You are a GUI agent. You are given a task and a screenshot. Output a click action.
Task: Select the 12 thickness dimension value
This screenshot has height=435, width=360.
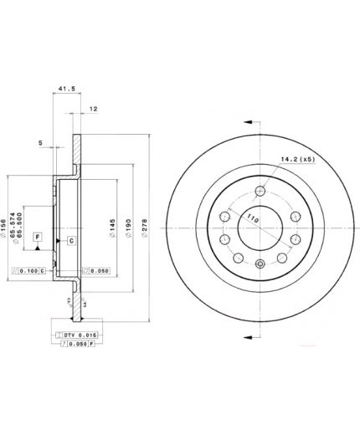95,109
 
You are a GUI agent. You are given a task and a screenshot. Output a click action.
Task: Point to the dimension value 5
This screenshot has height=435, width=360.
40,143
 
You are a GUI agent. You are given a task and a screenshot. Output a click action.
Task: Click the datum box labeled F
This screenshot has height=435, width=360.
37,238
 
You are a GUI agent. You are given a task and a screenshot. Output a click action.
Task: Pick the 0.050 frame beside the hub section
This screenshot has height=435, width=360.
98,271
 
